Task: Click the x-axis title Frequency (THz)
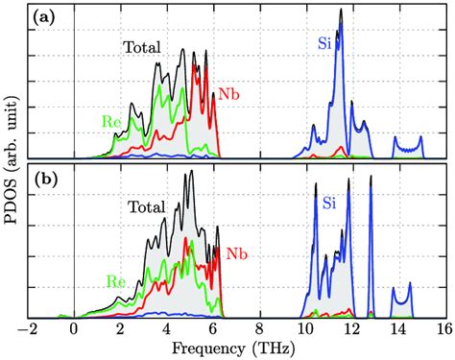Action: point(235,348)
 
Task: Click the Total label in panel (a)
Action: point(140,46)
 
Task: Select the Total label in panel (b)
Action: point(145,206)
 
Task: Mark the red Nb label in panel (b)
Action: point(237,254)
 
